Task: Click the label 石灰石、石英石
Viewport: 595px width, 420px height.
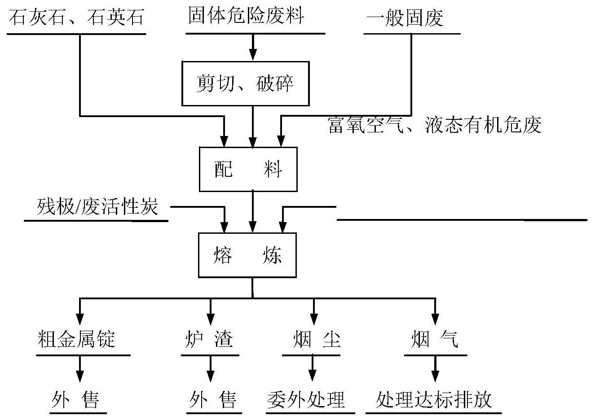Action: pos(76,18)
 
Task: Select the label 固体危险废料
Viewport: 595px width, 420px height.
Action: pos(246,16)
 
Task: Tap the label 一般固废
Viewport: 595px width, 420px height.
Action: pos(405,18)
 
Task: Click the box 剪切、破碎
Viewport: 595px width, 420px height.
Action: pos(245,83)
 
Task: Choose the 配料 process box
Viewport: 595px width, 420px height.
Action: pos(248,169)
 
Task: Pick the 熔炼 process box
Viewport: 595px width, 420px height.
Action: pos(247,255)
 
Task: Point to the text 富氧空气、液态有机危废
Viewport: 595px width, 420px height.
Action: pos(435,125)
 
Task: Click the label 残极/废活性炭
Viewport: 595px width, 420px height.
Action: pos(97,208)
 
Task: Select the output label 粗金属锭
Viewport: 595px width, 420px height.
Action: pos(76,339)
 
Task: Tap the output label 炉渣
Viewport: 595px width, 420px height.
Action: pos(209,339)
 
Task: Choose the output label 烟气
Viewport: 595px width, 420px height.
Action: pos(435,339)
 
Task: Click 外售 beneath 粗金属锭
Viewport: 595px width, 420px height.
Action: pos(75,399)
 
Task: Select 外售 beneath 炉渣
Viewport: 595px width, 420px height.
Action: pos(212,399)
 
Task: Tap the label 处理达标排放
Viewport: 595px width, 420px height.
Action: pos(434,399)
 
